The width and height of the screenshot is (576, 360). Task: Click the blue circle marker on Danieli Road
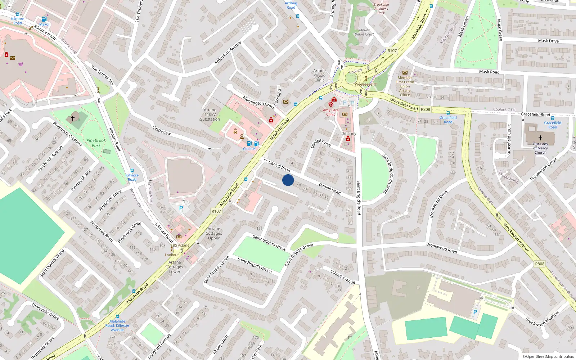point(288,180)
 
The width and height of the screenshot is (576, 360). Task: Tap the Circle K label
point(249,149)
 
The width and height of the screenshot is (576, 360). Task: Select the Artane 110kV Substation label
point(210,114)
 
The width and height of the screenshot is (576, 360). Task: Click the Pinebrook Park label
point(96,143)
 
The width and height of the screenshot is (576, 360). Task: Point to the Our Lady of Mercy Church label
point(540,148)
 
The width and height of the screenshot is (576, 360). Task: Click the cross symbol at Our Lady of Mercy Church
point(540,138)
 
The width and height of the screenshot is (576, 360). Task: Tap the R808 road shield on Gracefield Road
point(426,109)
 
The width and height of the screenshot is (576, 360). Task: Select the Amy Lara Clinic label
point(330,112)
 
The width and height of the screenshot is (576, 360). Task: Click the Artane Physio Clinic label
point(319,75)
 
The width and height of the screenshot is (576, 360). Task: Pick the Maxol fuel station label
point(44,24)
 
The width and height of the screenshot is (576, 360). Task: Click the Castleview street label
point(162,130)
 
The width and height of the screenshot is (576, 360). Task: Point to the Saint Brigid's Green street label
point(255,265)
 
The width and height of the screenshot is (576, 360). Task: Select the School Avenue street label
point(343,277)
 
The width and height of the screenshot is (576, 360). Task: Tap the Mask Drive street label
point(548,41)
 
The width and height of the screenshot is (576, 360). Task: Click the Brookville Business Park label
point(381,9)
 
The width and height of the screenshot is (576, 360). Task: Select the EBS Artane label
point(180,245)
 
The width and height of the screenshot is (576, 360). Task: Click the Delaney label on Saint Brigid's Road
point(348,134)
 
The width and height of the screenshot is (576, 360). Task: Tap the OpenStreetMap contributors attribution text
point(548,356)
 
